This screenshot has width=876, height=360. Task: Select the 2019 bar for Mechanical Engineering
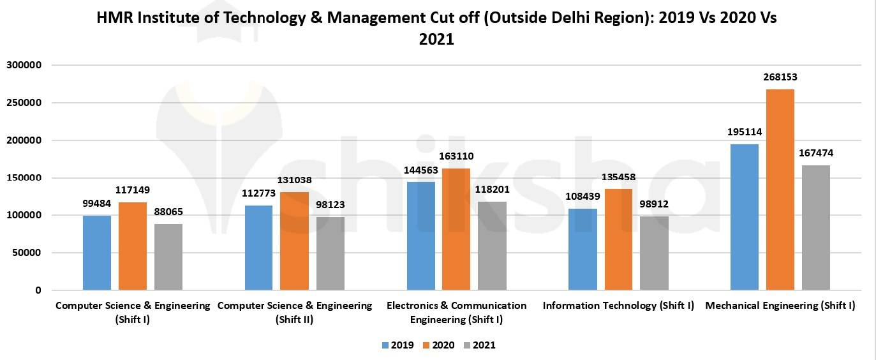coord(745,217)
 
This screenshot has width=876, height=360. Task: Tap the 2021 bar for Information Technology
coord(654,253)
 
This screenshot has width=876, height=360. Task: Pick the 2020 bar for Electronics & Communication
coord(456,229)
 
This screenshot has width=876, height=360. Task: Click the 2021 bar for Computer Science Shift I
coord(168,257)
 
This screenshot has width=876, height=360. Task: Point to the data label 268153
coord(780,77)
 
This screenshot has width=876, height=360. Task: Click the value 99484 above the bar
coord(97,204)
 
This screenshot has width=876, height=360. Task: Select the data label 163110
coord(456,156)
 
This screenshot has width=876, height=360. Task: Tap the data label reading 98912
coord(654,204)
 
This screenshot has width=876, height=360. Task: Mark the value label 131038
coord(294,180)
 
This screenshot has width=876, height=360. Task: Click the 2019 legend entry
coord(397,345)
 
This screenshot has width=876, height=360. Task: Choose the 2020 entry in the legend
coord(438,345)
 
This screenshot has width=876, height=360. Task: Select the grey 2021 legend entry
coord(479,345)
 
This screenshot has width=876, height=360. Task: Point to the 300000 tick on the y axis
coord(24,65)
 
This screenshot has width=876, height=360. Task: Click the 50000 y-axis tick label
coord(27,253)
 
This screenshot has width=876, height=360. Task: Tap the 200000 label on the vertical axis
coord(24,140)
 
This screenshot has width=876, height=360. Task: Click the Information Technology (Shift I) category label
coord(618,306)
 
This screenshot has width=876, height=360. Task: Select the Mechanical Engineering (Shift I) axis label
coord(780,306)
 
